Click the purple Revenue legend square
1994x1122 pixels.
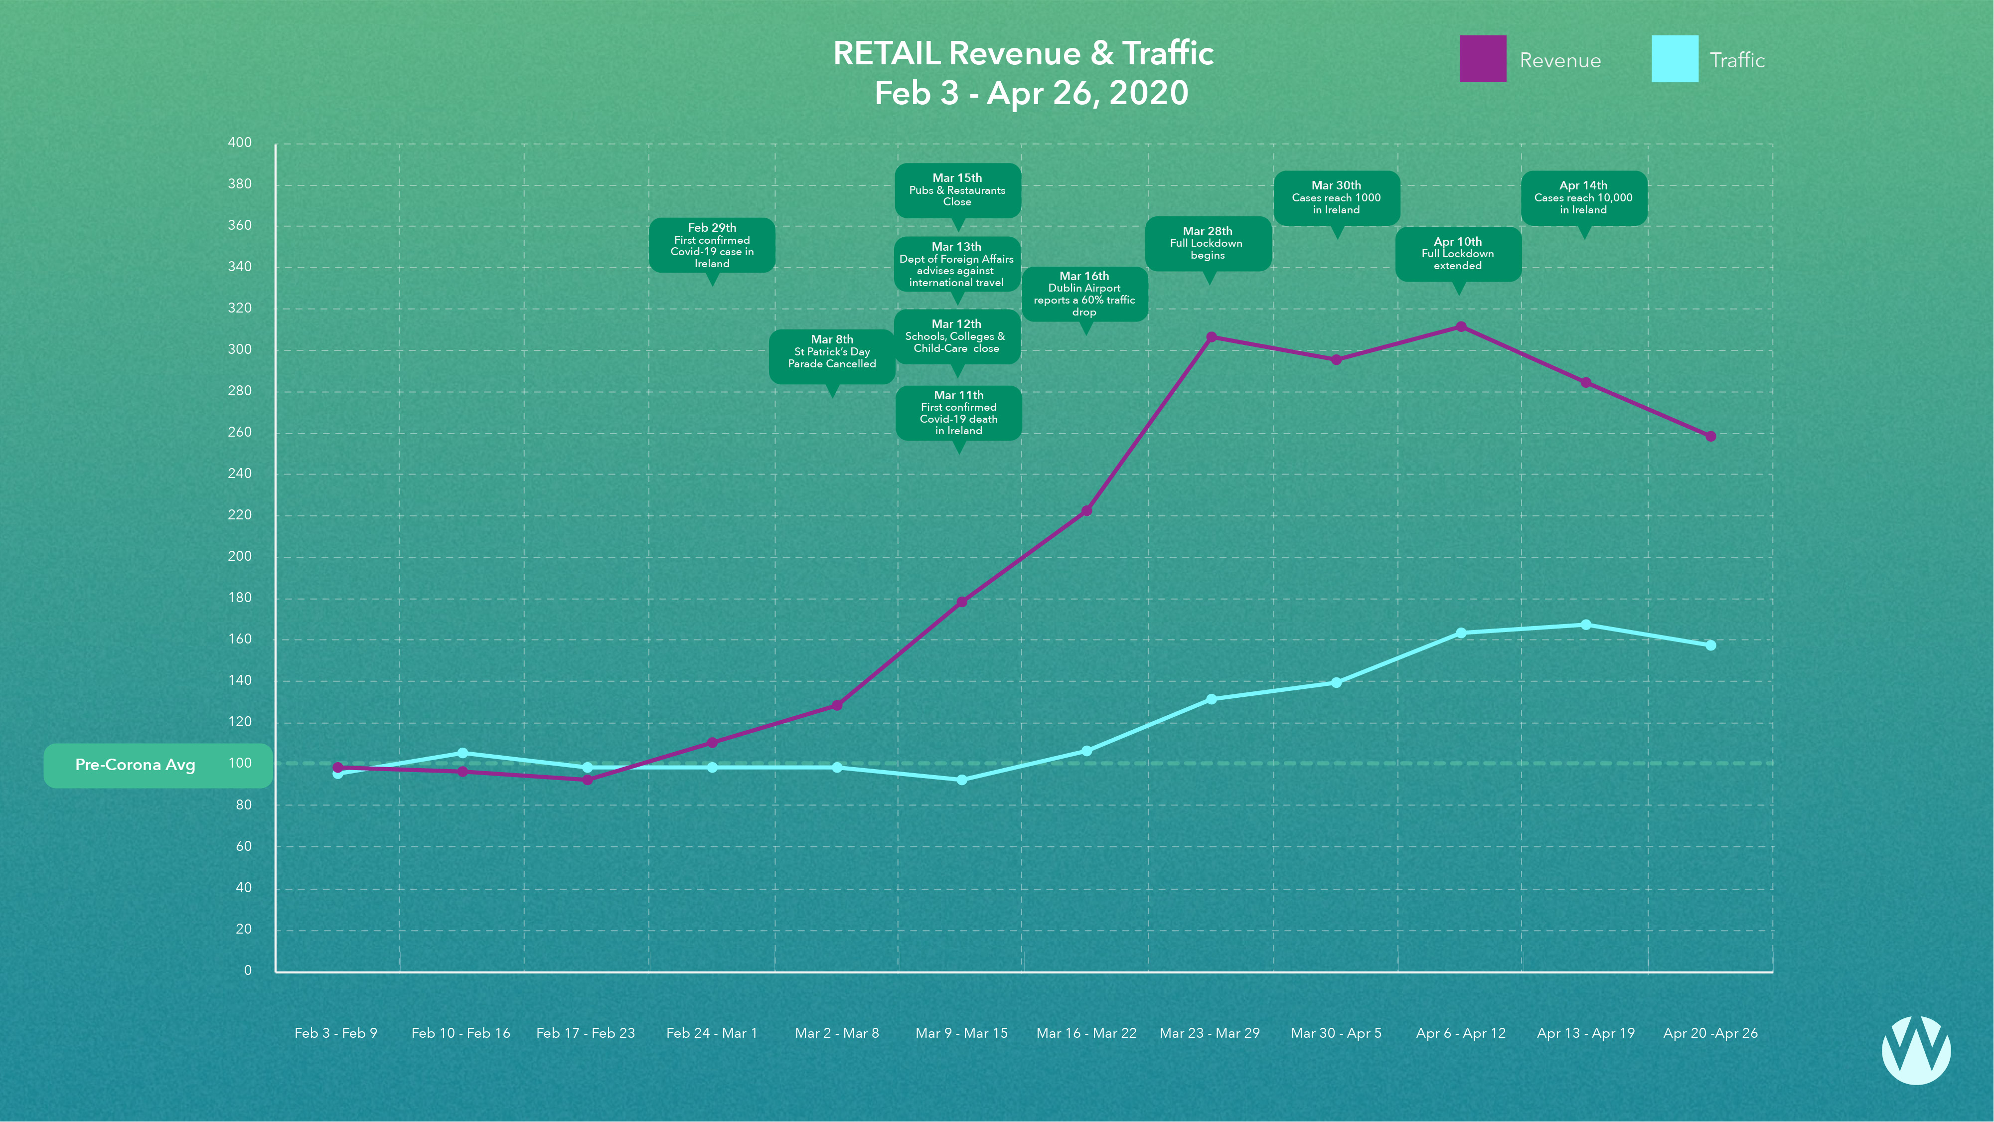point(1482,59)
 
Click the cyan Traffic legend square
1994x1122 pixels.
point(1675,59)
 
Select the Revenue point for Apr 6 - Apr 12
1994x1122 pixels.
point(1461,327)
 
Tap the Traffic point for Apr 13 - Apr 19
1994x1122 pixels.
point(1585,625)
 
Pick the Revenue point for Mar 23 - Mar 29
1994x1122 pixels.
point(1212,337)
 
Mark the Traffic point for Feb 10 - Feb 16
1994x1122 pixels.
point(462,753)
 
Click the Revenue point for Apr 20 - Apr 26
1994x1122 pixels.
point(1711,437)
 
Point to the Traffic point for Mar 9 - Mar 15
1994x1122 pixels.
point(961,780)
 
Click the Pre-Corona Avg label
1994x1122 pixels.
point(136,765)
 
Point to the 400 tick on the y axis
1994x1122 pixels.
point(240,143)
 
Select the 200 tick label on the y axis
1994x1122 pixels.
point(240,556)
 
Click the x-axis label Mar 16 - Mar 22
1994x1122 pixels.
point(1086,1033)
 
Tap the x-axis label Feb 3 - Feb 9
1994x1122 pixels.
point(336,1033)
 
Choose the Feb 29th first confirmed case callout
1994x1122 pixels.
point(711,245)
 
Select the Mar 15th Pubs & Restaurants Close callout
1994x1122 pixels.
point(957,190)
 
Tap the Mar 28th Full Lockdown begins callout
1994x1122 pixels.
point(1208,243)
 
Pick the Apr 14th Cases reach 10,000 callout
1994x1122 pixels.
point(1584,197)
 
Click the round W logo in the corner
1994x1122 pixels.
point(1916,1050)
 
